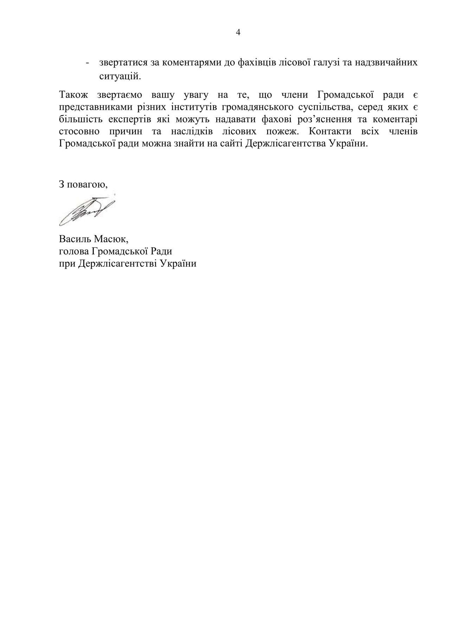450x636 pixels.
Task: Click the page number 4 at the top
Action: click(x=238, y=33)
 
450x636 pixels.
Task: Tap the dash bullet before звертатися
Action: click(x=87, y=63)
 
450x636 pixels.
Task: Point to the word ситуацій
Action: click(x=120, y=76)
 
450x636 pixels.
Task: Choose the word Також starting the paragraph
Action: click(x=74, y=95)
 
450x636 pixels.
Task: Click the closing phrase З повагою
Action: click(x=83, y=184)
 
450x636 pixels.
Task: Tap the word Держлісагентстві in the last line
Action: click(x=118, y=264)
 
